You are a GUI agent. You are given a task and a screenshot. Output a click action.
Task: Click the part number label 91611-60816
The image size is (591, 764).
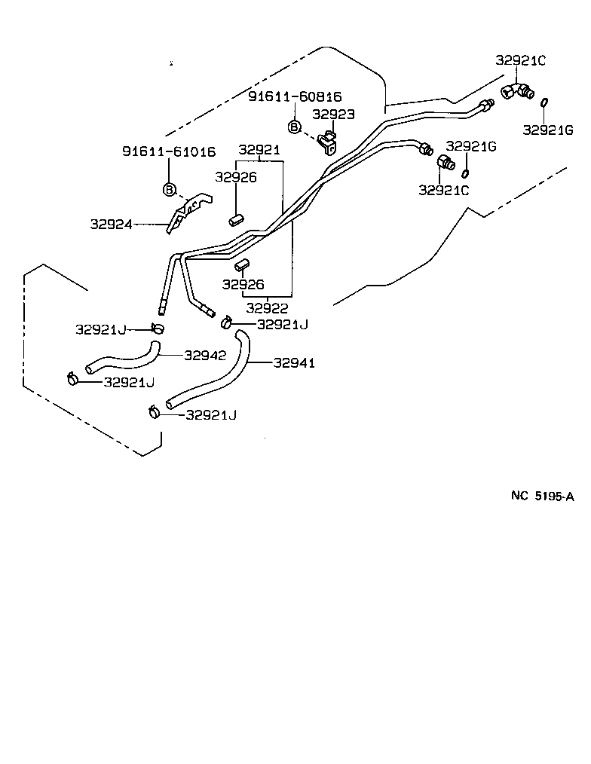pyautogui.click(x=295, y=96)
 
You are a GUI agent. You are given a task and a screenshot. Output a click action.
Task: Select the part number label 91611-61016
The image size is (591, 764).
pyautogui.click(x=169, y=151)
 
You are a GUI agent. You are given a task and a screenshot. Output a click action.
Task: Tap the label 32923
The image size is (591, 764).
pyautogui.click(x=333, y=114)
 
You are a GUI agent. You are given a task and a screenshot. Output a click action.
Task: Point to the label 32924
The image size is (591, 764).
pyautogui.click(x=112, y=224)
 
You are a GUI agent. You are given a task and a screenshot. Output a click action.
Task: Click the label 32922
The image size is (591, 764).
pyautogui.click(x=267, y=308)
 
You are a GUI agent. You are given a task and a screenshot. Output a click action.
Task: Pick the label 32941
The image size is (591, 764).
pyautogui.click(x=294, y=363)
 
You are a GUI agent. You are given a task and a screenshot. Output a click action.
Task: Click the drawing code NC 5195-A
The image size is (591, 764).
pyautogui.click(x=543, y=496)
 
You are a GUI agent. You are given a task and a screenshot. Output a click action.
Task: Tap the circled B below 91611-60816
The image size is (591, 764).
pyautogui.click(x=295, y=126)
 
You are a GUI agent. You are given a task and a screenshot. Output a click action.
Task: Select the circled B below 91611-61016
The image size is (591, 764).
pyautogui.click(x=170, y=188)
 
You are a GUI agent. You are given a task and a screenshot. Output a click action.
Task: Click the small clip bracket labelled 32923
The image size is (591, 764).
pyautogui.click(x=328, y=142)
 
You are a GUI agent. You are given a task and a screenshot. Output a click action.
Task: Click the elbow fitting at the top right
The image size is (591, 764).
pyautogui.click(x=517, y=91)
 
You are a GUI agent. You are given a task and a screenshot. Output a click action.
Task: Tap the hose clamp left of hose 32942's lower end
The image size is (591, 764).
pyautogui.click(x=73, y=378)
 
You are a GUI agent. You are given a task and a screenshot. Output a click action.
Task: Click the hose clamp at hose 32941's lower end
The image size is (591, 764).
pyautogui.click(x=155, y=411)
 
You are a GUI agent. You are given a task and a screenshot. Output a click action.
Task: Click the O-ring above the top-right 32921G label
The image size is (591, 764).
pyautogui.click(x=544, y=103)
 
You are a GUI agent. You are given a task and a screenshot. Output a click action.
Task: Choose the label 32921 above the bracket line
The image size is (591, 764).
pyautogui.click(x=259, y=150)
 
